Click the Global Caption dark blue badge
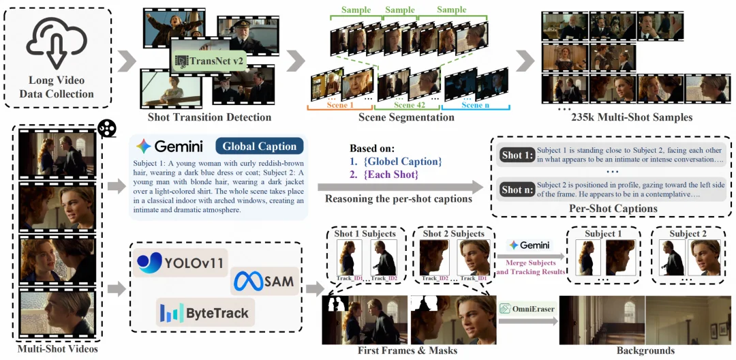tap(260, 146)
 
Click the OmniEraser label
tap(526, 309)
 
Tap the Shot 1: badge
tap(517, 155)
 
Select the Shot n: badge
tap(517, 189)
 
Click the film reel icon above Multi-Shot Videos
tap(106, 128)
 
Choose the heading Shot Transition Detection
tap(209, 117)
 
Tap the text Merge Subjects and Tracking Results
tap(534, 267)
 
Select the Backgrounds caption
tap(644, 350)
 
